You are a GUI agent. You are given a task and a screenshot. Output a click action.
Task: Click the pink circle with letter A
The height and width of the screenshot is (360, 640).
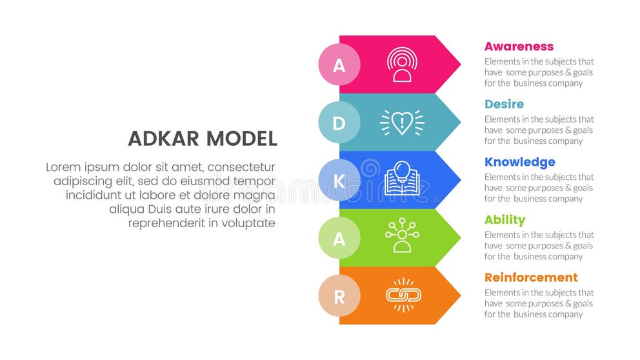tap(339, 65)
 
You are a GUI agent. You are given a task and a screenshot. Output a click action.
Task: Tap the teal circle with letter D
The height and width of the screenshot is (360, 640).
tap(339, 123)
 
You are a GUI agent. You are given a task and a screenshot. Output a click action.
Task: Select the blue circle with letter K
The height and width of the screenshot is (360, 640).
tap(339, 181)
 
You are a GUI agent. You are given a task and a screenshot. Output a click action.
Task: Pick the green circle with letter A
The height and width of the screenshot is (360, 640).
tap(339, 238)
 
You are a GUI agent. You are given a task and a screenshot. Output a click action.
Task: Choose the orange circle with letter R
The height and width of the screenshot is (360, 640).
tap(339, 296)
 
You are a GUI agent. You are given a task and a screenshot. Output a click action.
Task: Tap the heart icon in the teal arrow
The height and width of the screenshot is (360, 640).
tap(402, 123)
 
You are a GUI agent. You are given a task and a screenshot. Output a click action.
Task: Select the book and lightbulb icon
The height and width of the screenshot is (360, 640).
tap(402, 179)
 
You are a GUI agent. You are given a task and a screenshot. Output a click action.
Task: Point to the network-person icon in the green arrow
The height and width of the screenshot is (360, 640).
tap(402, 237)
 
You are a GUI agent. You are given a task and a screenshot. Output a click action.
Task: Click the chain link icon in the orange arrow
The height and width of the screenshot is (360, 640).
tap(403, 295)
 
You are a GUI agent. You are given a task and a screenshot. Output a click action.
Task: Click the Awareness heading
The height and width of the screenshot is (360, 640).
tap(519, 46)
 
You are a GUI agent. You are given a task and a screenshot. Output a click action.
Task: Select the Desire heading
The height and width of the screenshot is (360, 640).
tap(504, 105)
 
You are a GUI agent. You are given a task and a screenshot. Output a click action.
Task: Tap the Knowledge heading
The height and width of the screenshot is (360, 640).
tap(519, 162)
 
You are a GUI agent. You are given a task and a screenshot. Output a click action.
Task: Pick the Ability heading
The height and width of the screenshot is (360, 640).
tap(505, 220)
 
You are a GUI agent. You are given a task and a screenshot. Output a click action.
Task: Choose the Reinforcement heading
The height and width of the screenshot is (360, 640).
tap(531, 277)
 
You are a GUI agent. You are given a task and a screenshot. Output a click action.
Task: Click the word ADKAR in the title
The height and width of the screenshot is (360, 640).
tap(164, 139)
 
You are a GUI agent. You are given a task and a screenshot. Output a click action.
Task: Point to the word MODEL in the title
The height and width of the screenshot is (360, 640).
tap(241, 139)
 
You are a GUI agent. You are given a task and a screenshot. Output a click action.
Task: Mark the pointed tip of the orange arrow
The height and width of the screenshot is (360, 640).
tap(459, 296)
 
